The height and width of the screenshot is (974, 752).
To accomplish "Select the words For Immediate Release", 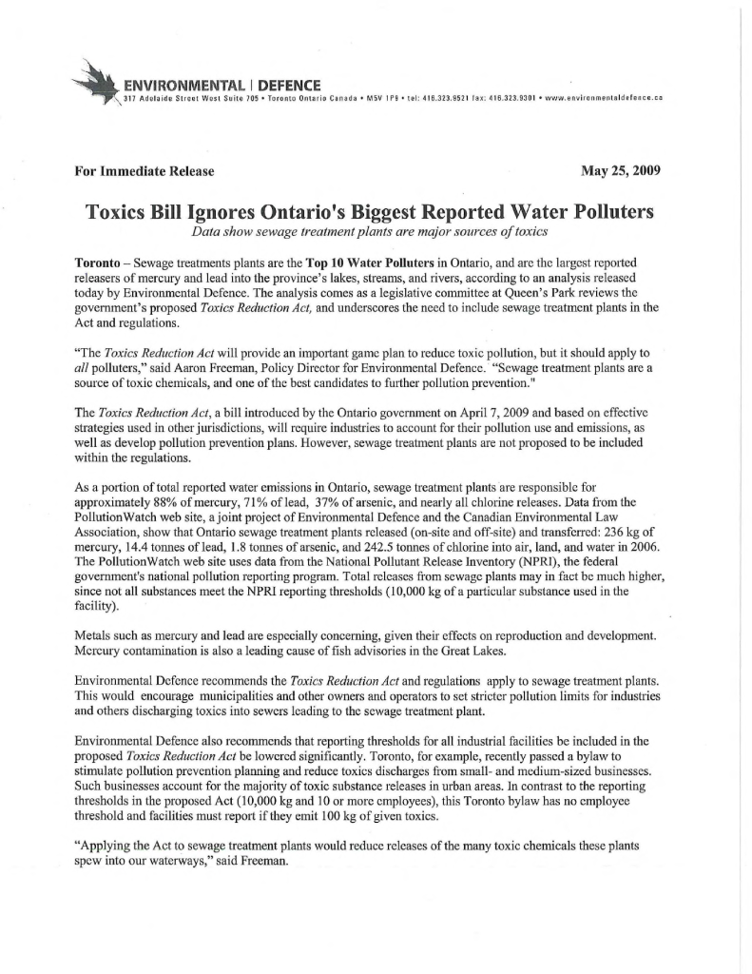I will (144, 171).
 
